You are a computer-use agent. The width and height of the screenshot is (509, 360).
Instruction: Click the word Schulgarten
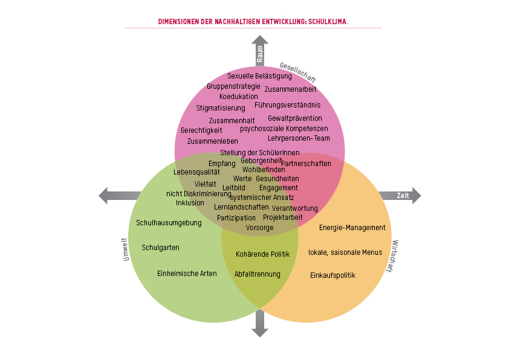[x=160, y=248]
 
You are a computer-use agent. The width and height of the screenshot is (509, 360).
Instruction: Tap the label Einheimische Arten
[x=187, y=274]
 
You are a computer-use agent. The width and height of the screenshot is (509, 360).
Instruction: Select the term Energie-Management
[x=352, y=228]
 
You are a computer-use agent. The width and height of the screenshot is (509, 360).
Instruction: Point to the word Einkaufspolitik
[x=332, y=275]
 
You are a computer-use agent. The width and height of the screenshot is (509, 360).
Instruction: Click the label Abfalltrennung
[x=258, y=274]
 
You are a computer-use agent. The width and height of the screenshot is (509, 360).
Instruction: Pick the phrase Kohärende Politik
[x=263, y=254]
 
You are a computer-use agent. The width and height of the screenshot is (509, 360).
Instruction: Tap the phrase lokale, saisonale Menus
[x=345, y=252]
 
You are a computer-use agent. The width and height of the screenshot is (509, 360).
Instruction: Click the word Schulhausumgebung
[x=169, y=223]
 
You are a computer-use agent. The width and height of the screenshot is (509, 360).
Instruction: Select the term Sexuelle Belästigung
[x=259, y=76]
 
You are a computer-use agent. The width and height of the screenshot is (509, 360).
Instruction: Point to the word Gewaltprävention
[x=295, y=118]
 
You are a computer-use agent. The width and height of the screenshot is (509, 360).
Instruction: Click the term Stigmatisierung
[x=221, y=108]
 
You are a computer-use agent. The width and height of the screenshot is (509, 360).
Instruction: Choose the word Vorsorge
[x=260, y=228]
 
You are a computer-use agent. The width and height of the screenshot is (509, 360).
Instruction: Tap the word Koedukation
[x=238, y=97]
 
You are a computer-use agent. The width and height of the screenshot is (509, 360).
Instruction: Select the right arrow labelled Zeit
[x=400, y=196]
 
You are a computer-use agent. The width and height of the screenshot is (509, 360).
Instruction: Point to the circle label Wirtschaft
[x=394, y=257]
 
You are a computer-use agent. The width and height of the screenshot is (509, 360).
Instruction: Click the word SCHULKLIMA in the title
[x=327, y=22]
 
